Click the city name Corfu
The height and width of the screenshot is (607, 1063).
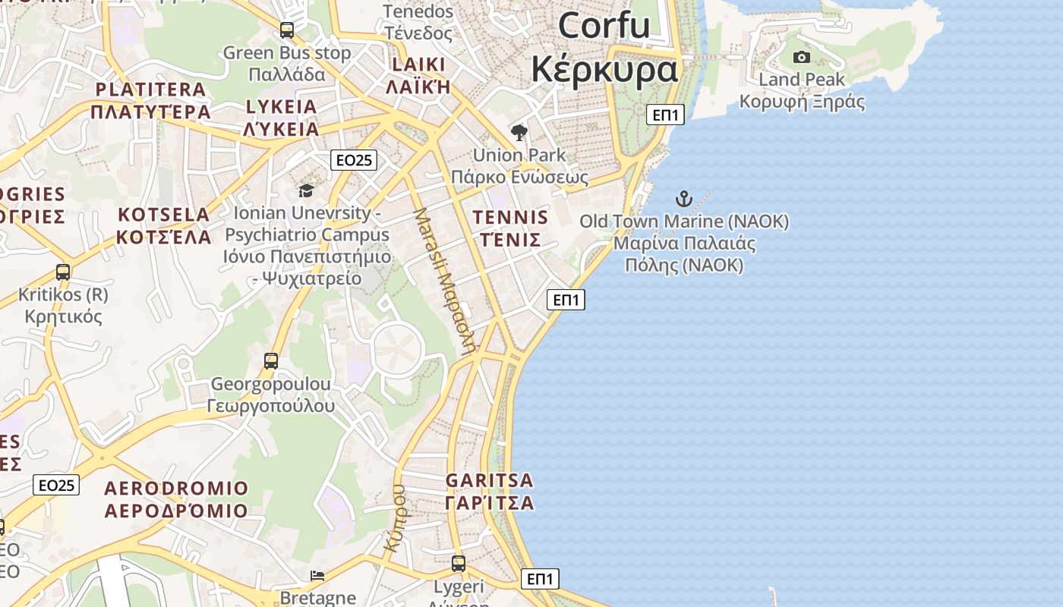(x=604, y=25)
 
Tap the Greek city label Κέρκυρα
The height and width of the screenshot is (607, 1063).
(x=604, y=69)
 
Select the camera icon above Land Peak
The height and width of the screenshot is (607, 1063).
(x=801, y=57)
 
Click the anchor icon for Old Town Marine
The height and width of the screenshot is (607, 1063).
(x=684, y=200)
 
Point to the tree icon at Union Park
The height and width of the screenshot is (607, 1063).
(x=519, y=134)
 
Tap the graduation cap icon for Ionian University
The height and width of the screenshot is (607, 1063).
(x=306, y=190)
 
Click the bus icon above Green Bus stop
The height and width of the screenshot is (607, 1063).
(x=287, y=30)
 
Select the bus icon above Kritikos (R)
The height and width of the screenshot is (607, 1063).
(x=63, y=272)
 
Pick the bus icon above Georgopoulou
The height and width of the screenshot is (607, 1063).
(x=271, y=361)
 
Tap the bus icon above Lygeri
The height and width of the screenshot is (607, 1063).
(x=459, y=564)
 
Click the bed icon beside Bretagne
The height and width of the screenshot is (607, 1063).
(x=318, y=576)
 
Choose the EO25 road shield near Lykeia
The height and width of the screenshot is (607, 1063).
(x=354, y=159)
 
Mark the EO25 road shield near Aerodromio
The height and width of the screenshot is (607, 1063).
(x=56, y=485)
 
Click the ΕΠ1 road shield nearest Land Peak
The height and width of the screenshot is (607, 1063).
(x=666, y=115)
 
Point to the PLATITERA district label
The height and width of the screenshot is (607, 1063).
(x=150, y=90)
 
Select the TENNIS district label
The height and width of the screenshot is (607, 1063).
(x=510, y=218)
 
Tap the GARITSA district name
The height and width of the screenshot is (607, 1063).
(x=490, y=480)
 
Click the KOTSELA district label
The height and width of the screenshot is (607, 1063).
(x=163, y=215)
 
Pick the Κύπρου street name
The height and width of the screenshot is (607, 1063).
(x=399, y=518)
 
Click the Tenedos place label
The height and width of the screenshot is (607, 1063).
(x=418, y=11)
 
